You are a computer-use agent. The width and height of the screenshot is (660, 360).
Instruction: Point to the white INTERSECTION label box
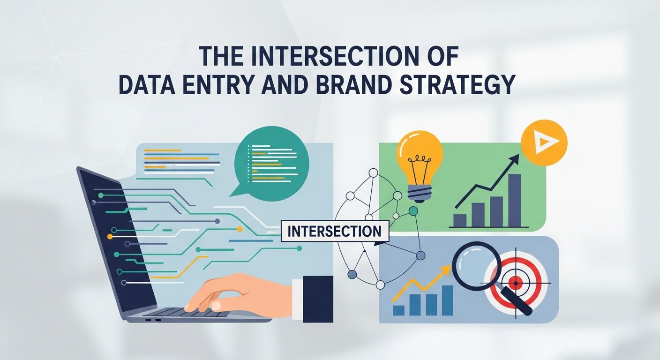coord(335,232)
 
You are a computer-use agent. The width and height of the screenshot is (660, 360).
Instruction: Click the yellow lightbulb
coord(420,155)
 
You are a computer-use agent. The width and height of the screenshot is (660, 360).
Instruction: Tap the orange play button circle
coord(544,142)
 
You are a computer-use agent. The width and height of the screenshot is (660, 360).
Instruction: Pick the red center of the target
coord(515,283)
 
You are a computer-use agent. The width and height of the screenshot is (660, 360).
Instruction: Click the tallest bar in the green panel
coord(515,201)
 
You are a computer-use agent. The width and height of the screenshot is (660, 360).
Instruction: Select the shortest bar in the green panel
coord(460,220)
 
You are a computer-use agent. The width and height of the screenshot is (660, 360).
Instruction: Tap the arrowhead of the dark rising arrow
coord(515,158)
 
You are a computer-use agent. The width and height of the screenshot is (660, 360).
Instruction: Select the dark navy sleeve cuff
coord(317,299)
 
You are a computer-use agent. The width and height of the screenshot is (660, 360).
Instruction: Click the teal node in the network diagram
coord(413,211)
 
